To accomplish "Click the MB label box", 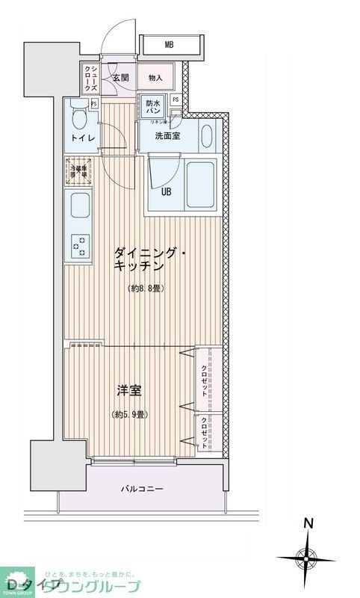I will pos(170,46).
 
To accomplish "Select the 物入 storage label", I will pos(155,77).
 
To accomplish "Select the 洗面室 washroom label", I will pos(167,136).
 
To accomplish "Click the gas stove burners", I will pos(78,244).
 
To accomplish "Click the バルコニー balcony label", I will pos(142,489).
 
